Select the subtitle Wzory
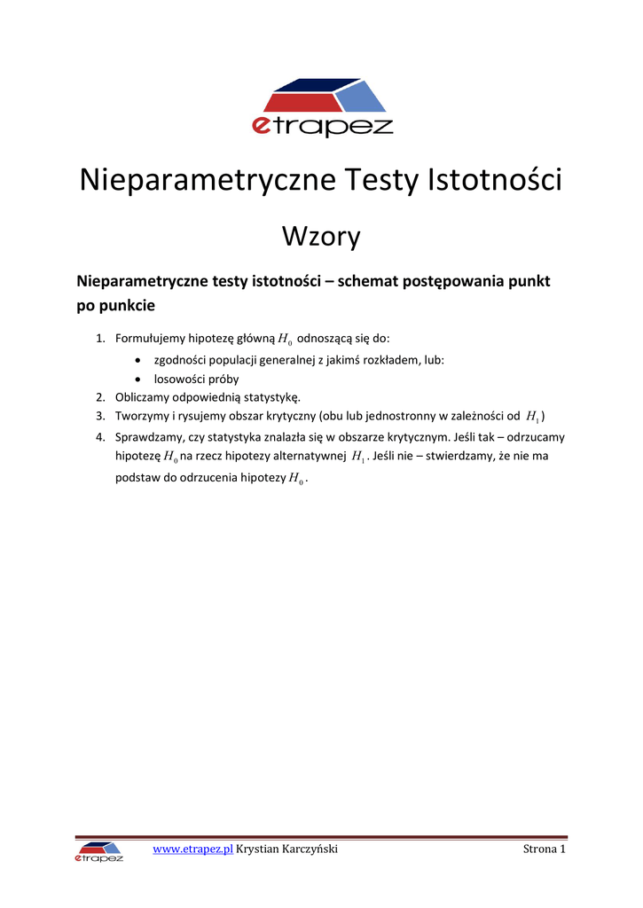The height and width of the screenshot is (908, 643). (x=321, y=237)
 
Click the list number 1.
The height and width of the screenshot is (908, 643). (x=100, y=338)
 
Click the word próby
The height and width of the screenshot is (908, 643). (x=223, y=379)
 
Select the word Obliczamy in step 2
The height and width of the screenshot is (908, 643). (x=145, y=397)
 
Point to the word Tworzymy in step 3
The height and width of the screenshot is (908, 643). (x=142, y=416)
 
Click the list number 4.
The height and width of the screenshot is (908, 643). (x=100, y=437)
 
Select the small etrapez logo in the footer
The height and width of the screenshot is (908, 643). (x=99, y=852)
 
